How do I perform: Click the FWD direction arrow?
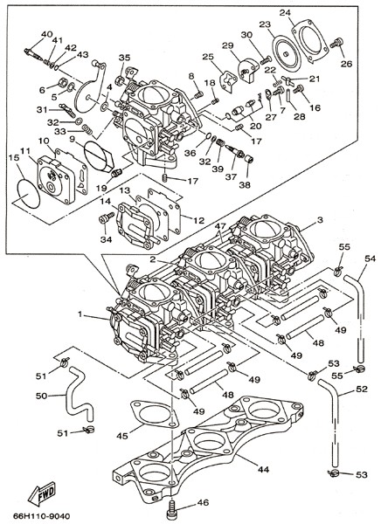point(42,493)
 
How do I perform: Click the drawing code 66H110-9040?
point(42,516)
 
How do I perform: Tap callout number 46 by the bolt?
point(203,503)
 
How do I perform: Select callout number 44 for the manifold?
point(263,469)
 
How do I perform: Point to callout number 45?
point(122,436)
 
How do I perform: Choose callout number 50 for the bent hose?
point(42,396)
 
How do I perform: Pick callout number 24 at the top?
point(285,13)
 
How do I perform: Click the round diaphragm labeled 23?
point(286,54)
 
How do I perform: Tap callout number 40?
point(47,34)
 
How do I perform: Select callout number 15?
point(13,157)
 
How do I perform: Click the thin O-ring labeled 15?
point(29,193)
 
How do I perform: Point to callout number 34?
point(107,239)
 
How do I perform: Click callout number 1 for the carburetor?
point(80,314)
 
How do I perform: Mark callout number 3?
point(320,220)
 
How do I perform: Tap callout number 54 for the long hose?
point(370,259)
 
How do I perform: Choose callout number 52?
point(362,389)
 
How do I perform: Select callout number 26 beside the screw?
point(347,64)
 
